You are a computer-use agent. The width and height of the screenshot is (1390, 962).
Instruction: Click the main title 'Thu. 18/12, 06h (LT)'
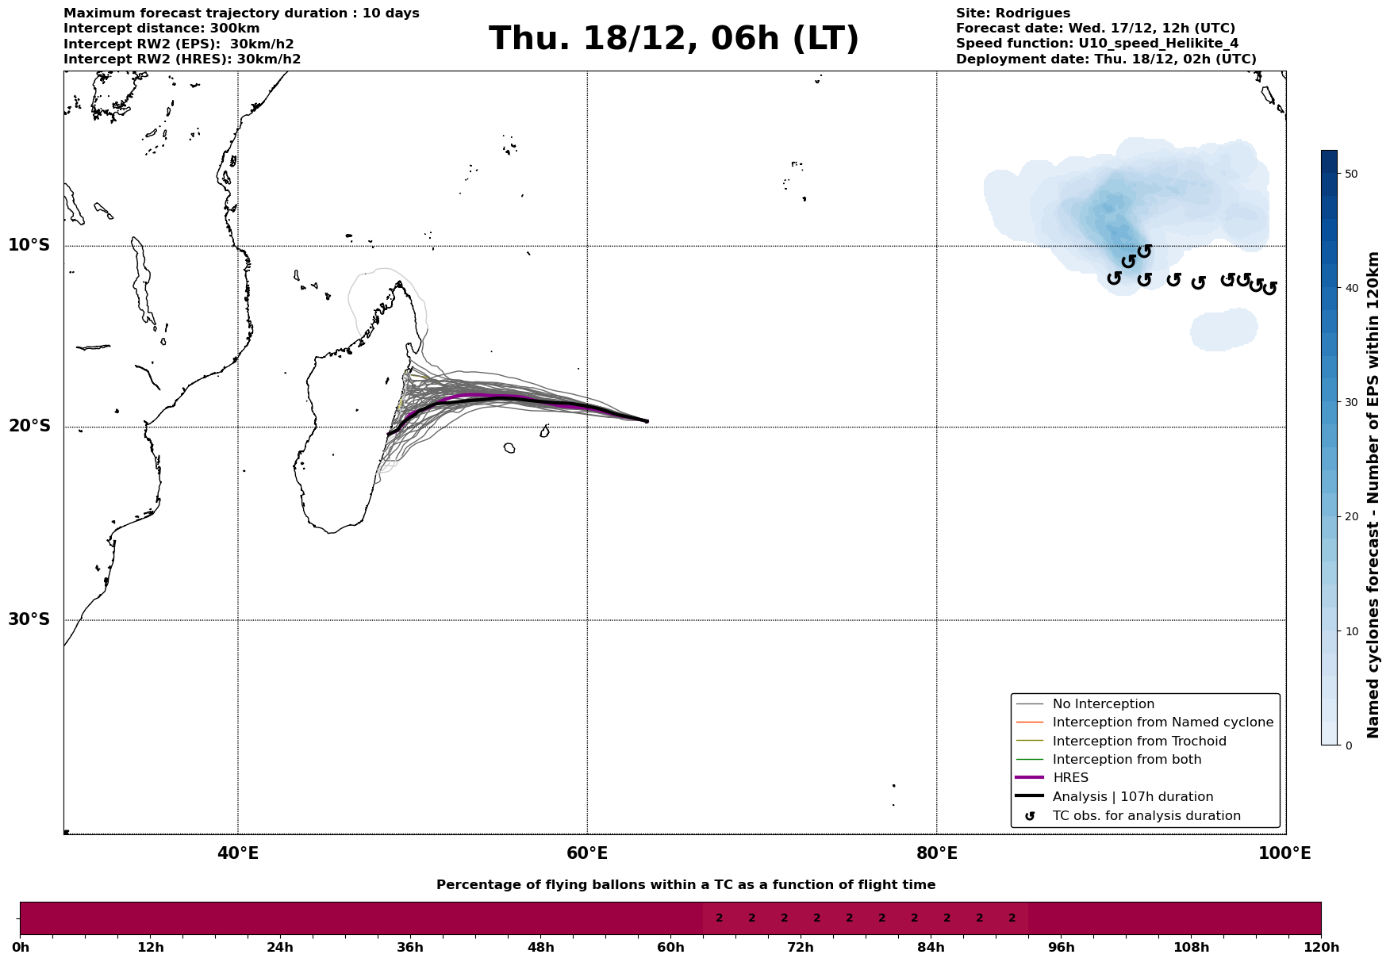coord(674,39)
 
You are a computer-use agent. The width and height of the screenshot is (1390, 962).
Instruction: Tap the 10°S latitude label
coord(29,245)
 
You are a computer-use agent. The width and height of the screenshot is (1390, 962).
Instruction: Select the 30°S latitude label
coord(29,619)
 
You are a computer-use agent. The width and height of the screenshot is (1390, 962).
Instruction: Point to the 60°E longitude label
coord(587,853)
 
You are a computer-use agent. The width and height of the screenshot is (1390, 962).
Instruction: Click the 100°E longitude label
coord(1284,853)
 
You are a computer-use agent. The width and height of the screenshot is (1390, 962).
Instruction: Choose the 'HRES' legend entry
coord(1070,778)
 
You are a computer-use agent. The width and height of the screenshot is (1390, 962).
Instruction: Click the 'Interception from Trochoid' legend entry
coord(1138,742)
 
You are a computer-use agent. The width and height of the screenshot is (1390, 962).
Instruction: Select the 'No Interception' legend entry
coord(1103,704)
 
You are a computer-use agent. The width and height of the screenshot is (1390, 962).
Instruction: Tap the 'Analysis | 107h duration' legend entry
coord(1132,797)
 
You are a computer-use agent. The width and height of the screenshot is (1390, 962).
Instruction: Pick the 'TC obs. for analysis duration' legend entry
coord(1146,816)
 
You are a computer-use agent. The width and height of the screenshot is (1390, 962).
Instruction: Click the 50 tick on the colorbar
coord(1353,174)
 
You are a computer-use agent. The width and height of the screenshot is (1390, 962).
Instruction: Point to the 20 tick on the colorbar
coord(1353,517)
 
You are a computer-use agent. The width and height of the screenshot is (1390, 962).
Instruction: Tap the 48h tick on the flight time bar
coord(540,947)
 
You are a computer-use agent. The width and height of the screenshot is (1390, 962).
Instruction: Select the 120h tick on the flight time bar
coord(1321,947)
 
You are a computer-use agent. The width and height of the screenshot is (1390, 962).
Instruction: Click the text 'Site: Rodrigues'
coord(1012,13)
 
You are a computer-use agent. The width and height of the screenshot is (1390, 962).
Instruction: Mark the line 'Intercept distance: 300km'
coord(161,29)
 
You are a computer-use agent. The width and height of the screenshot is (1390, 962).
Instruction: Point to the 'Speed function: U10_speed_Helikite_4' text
coord(1096,44)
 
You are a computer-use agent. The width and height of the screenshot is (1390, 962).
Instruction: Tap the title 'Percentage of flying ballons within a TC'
coord(685,885)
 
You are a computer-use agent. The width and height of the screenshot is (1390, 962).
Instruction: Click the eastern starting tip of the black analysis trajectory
coord(647,421)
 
